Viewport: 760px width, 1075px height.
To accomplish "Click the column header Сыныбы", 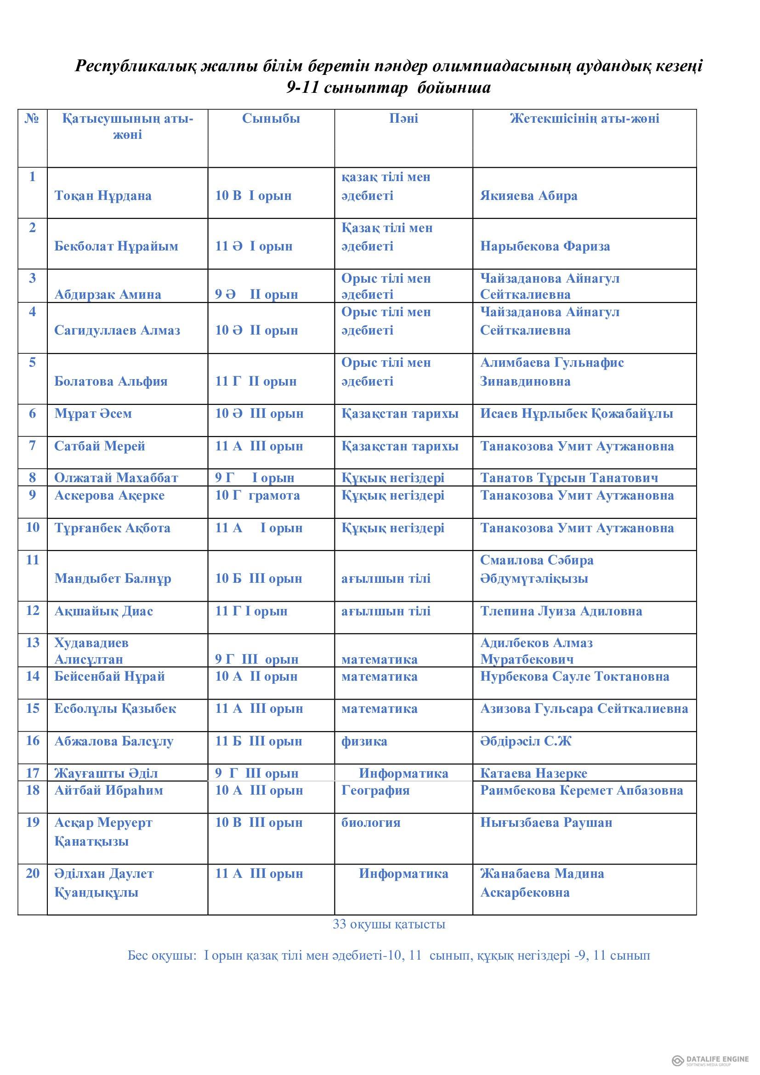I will tap(271, 119).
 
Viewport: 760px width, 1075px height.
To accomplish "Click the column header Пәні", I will tap(403, 119).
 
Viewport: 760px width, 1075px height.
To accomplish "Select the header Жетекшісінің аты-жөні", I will tap(584, 119).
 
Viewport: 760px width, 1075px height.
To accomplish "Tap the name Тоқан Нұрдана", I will tap(103, 195).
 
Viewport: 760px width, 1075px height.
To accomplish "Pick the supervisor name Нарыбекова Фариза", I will tap(545, 246).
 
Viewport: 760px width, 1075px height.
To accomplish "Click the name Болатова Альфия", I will tap(110, 381).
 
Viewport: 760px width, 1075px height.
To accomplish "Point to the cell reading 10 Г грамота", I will tap(257, 495).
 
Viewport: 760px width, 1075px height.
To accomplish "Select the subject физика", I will tap(364, 741).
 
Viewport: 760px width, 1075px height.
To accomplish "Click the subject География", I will tap(375, 791).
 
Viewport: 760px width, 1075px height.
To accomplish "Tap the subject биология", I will tap(371, 823).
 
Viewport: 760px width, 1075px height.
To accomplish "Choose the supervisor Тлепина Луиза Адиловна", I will tap(561, 611).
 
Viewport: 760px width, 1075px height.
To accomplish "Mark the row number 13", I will tap(33, 643).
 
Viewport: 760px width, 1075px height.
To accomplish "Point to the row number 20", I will tap(33, 873).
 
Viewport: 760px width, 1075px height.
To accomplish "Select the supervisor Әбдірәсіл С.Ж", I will tap(526, 741).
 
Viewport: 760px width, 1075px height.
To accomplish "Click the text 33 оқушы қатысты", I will tap(389, 924).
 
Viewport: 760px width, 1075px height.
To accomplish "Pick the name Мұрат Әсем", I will tap(93, 414).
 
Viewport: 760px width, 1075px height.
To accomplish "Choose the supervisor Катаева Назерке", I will tap(533, 773).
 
